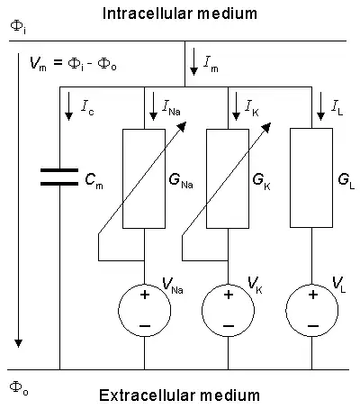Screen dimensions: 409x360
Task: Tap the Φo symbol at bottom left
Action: (15, 385)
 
